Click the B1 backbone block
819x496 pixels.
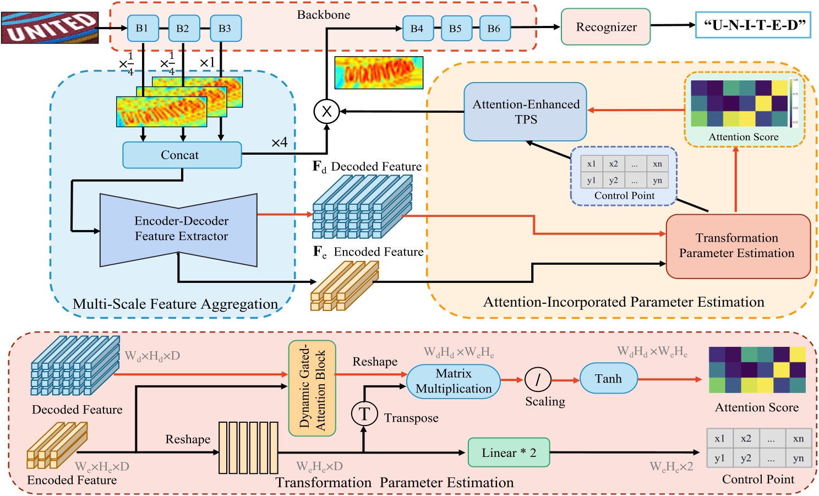143,29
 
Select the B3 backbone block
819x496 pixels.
225,29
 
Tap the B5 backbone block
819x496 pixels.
456,29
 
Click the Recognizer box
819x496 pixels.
605,27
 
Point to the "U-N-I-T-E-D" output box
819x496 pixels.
753,25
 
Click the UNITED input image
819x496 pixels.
50,28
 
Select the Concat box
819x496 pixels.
182,155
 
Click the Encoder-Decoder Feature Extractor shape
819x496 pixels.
179,229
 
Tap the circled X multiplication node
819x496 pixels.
326,112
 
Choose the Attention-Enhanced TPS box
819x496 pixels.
525,112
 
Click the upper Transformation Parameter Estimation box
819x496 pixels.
738,246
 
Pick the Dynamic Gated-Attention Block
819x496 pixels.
312,389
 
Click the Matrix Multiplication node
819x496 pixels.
454,381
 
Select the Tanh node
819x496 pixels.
608,379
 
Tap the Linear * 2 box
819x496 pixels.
509,453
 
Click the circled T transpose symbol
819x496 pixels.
364,414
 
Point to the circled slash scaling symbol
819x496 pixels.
538,379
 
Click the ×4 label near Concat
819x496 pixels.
279,143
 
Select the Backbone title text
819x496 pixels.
324,15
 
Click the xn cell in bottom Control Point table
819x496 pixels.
798,439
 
